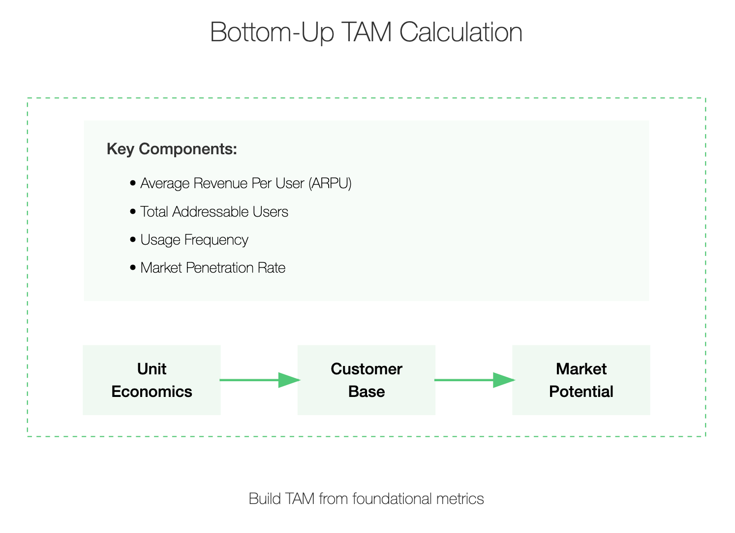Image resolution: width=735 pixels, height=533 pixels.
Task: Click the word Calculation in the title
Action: [x=460, y=32]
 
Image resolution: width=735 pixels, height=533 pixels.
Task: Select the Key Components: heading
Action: [x=172, y=149]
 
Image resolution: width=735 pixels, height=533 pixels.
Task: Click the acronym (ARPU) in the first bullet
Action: [x=330, y=183]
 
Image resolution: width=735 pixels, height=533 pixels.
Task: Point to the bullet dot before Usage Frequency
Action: [x=133, y=239]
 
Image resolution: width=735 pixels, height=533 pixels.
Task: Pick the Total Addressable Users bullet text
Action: [x=214, y=212]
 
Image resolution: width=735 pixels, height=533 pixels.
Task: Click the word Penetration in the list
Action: [x=219, y=268]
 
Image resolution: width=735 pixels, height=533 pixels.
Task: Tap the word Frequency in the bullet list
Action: [x=216, y=240]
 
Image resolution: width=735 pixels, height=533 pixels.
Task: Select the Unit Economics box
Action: [x=152, y=380]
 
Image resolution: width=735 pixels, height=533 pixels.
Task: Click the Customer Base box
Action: [x=366, y=380]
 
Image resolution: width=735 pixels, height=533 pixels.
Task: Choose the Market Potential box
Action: [x=581, y=380]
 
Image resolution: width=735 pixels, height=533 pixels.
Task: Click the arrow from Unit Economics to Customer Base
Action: [x=260, y=380]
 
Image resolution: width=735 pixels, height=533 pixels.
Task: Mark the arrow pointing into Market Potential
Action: [x=475, y=380]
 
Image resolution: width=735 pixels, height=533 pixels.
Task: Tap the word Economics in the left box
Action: [x=152, y=392]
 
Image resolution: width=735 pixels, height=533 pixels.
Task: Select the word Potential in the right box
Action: [x=581, y=392]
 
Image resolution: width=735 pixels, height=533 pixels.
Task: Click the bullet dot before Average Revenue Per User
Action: [x=133, y=183]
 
